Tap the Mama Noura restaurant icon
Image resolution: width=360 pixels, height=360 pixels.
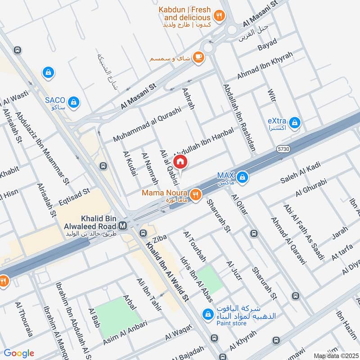pos(195,194)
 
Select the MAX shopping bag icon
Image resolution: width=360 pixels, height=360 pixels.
pos(243,177)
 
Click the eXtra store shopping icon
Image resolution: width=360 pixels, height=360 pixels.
pos(295,122)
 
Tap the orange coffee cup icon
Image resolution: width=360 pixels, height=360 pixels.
pos(198,57)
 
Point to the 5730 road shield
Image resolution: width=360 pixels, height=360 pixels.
pos(283,148)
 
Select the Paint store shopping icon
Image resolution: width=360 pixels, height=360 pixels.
pos(207,314)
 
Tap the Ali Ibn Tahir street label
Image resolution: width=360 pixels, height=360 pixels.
pos(148,295)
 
